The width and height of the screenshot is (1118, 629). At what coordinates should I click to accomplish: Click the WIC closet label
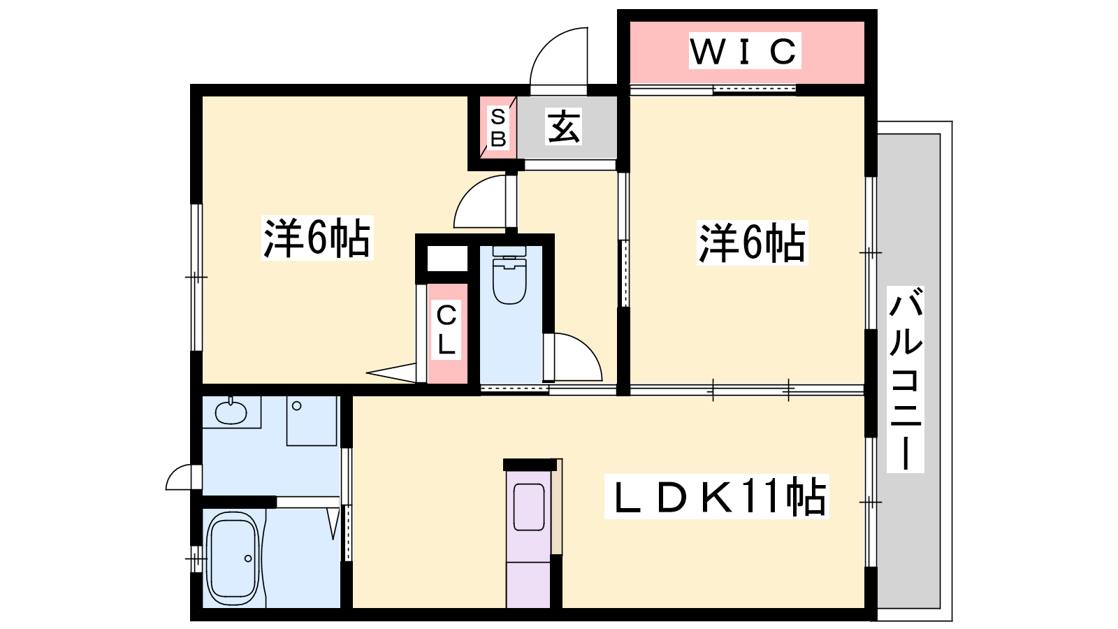click(745, 51)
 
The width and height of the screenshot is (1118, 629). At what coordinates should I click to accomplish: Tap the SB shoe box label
click(498, 129)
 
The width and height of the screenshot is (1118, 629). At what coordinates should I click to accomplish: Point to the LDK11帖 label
click(717, 496)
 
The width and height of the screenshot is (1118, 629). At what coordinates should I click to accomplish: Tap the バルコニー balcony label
click(906, 379)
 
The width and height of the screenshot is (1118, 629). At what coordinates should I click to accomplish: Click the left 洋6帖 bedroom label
click(317, 238)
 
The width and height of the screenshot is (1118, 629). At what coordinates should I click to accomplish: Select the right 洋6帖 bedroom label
click(752, 243)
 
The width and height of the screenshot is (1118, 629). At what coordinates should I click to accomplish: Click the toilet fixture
click(509, 275)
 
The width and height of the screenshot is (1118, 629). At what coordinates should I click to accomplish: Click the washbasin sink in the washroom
click(231, 412)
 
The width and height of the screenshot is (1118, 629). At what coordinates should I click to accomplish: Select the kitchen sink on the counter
click(528, 507)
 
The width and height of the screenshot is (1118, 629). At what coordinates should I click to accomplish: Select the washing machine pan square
click(312, 421)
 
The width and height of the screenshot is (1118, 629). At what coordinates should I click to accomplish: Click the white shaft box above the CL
click(447, 258)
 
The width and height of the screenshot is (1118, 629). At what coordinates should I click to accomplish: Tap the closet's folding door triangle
click(391, 373)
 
